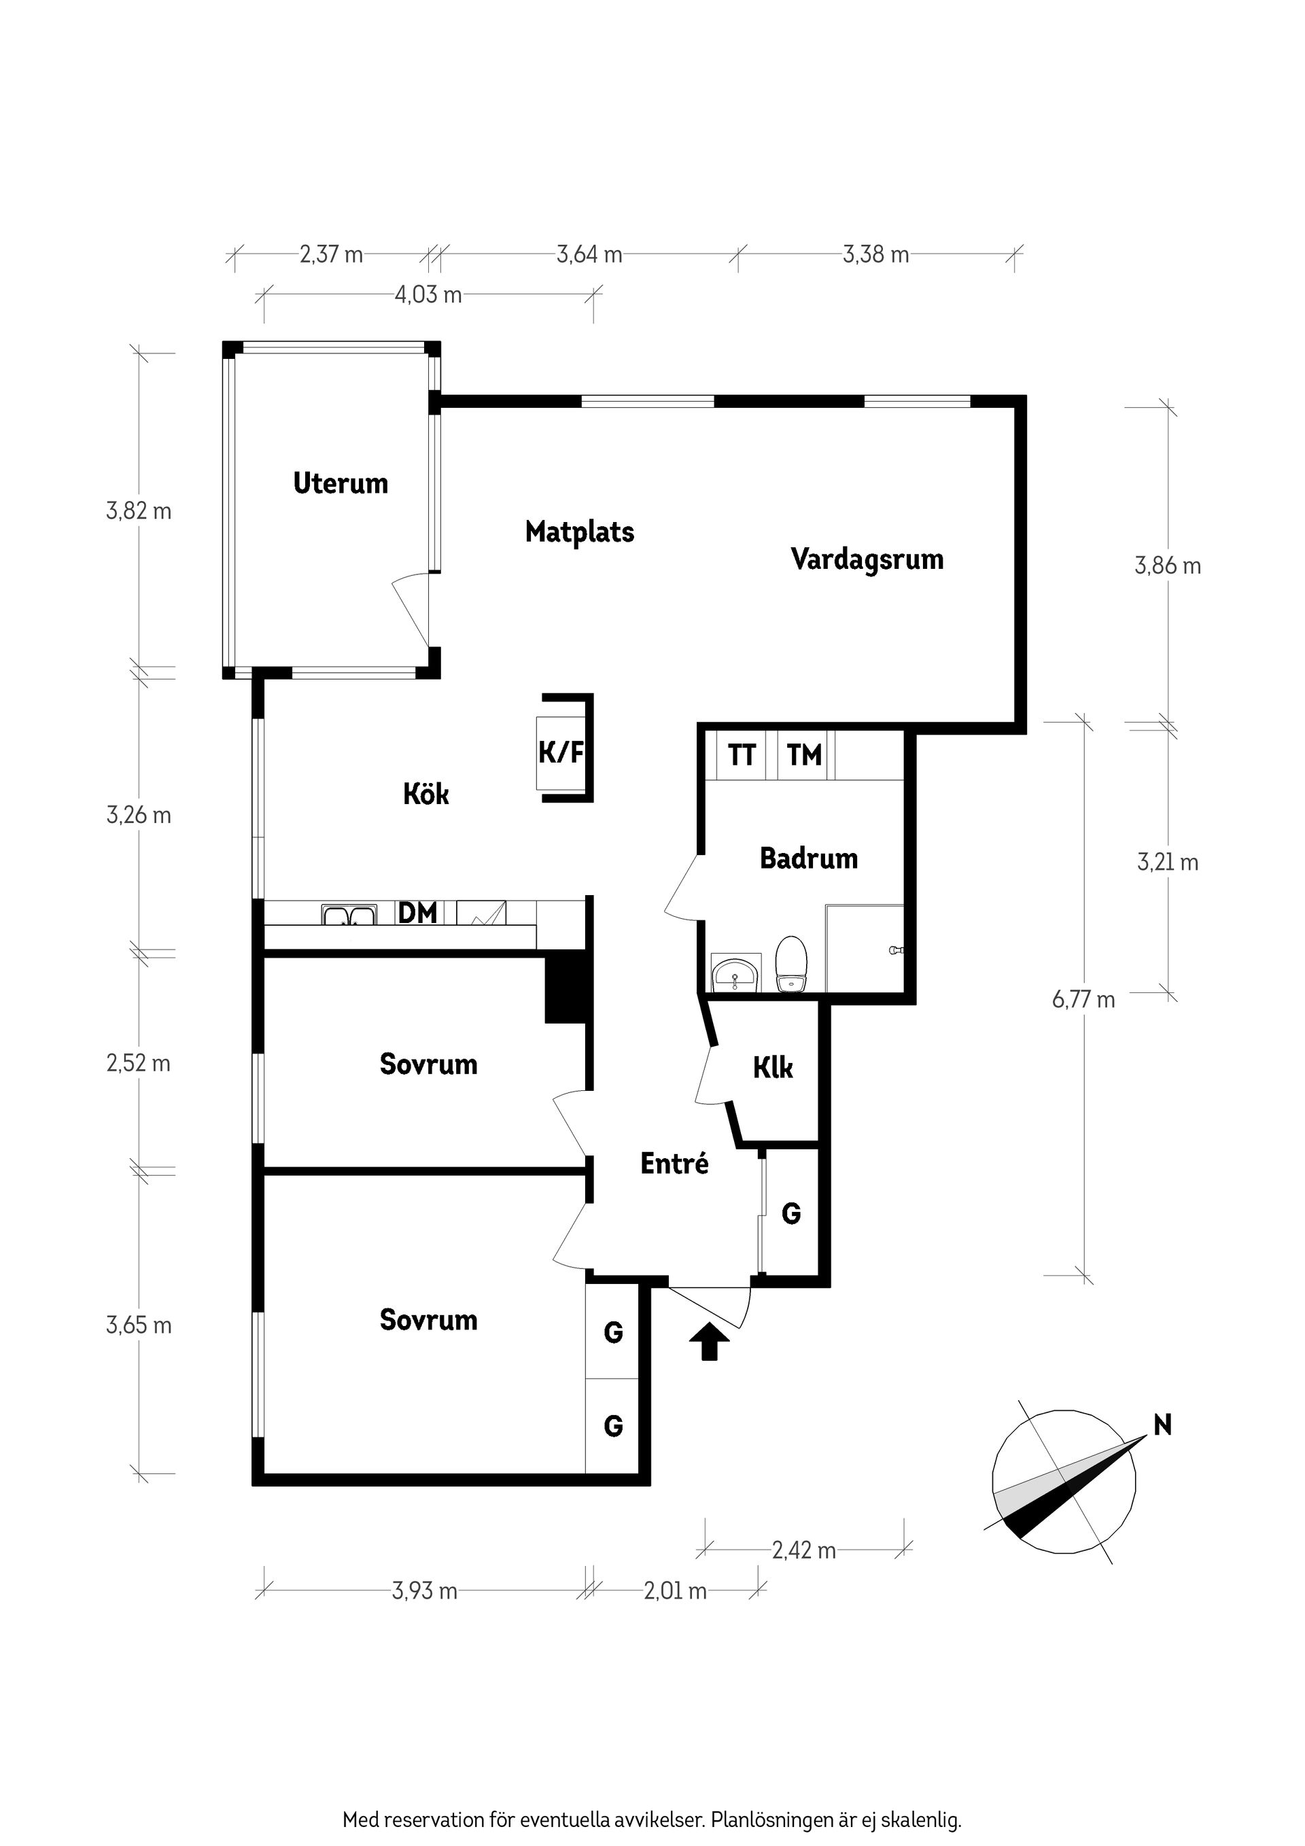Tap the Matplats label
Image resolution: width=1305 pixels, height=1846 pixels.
pyautogui.click(x=580, y=532)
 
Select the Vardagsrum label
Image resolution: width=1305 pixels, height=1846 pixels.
pyautogui.click(x=867, y=559)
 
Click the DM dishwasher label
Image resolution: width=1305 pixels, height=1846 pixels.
pyautogui.click(x=418, y=913)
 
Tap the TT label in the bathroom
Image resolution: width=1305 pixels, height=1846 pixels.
pyautogui.click(x=742, y=755)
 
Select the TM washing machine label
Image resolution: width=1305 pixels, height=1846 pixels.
pyautogui.click(x=804, y=755)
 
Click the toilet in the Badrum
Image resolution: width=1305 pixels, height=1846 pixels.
pyautogui.click(x=790, y=965)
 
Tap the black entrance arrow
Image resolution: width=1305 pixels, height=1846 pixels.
pyautogui.click(x=709, y=1342)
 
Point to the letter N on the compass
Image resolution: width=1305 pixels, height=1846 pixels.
pyautogui.click(x=1163, y=1425)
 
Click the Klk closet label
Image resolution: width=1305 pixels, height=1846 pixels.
pyautogui.click(x=773, y=1068)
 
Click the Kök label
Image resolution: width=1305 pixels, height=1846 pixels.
pyautogui.click(x=426, y=795)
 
